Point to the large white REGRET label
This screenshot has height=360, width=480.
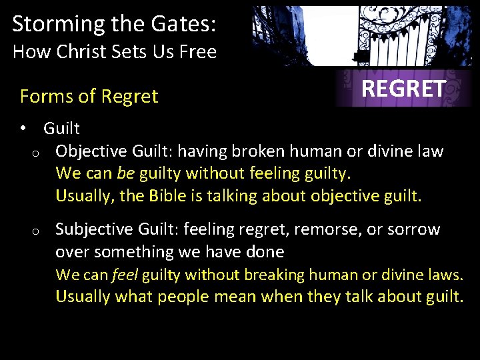coord(403,88)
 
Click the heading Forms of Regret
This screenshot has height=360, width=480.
coord(89,97)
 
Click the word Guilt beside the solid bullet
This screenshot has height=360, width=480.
coord(61,129)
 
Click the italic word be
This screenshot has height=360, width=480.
coord(125,173)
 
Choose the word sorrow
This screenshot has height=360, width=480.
coord(415,229)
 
